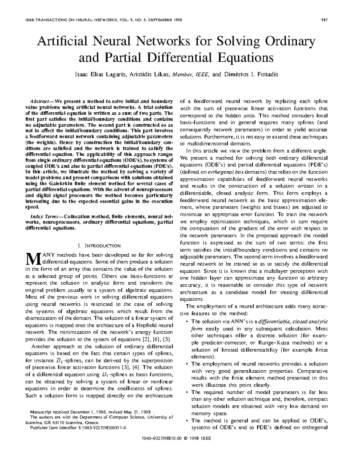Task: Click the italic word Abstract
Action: (x=40, y=101)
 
